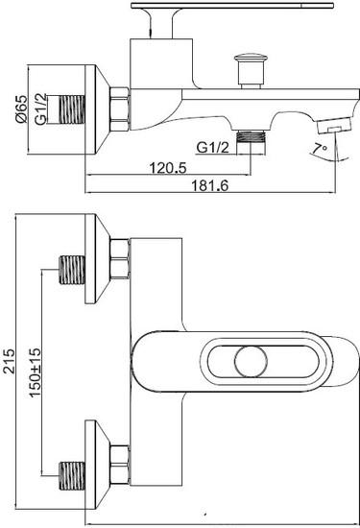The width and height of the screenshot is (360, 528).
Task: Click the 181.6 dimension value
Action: (x=210, y=185)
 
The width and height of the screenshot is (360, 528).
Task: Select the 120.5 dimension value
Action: (x=168, y=168)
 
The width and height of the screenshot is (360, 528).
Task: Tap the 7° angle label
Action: (x=320, y=149)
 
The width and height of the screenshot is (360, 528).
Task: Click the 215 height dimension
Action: (x=9, y=361)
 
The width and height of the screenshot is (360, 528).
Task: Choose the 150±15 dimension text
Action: (x=35, y=372)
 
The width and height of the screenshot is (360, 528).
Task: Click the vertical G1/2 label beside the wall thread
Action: (x=41, y=109)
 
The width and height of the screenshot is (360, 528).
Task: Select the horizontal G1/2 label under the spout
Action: (x=212, y=148)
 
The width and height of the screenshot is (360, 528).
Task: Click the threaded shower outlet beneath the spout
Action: (x=251, y=143)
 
